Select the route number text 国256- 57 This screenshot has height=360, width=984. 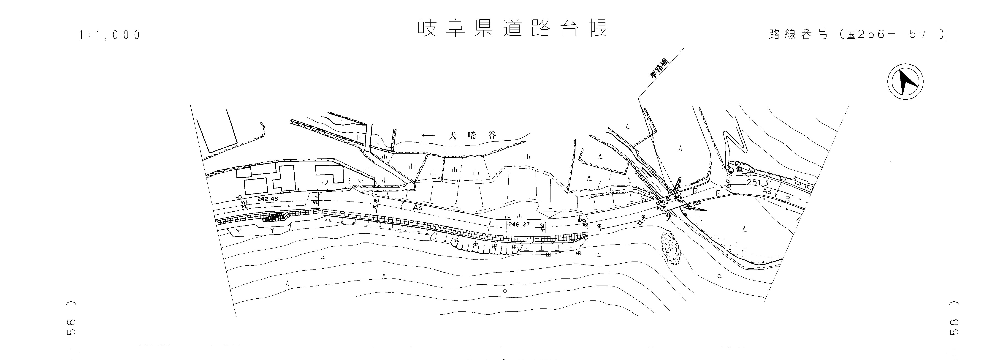tap(890, 34)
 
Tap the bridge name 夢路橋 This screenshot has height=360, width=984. tap(660, 68)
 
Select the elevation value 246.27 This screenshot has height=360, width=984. tap(519, 224)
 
